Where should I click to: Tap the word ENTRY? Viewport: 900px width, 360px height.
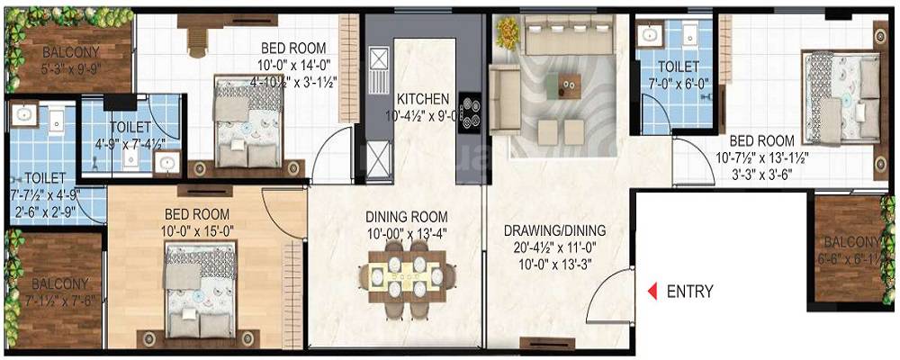coord(689,291)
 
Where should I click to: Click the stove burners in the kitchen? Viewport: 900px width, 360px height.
coord(468,112)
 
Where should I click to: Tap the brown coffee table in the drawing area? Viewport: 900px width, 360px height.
coord(568,85)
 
